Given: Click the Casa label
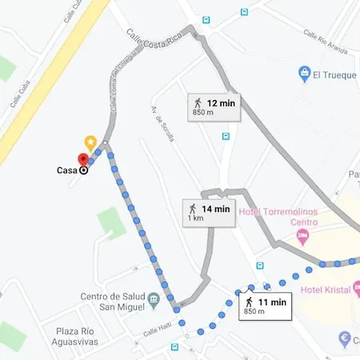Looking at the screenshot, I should pos(67,170).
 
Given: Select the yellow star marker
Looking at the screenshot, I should pos(91,142).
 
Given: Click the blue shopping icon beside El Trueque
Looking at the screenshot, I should pos(304,74).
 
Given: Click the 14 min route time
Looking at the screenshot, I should pos(215,209).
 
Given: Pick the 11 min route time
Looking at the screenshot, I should pos(273,302).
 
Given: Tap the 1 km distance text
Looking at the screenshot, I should pos(195,218).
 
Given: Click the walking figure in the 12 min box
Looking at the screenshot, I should pos(198,102).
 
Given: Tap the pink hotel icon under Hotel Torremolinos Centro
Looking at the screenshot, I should pos(302,235).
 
